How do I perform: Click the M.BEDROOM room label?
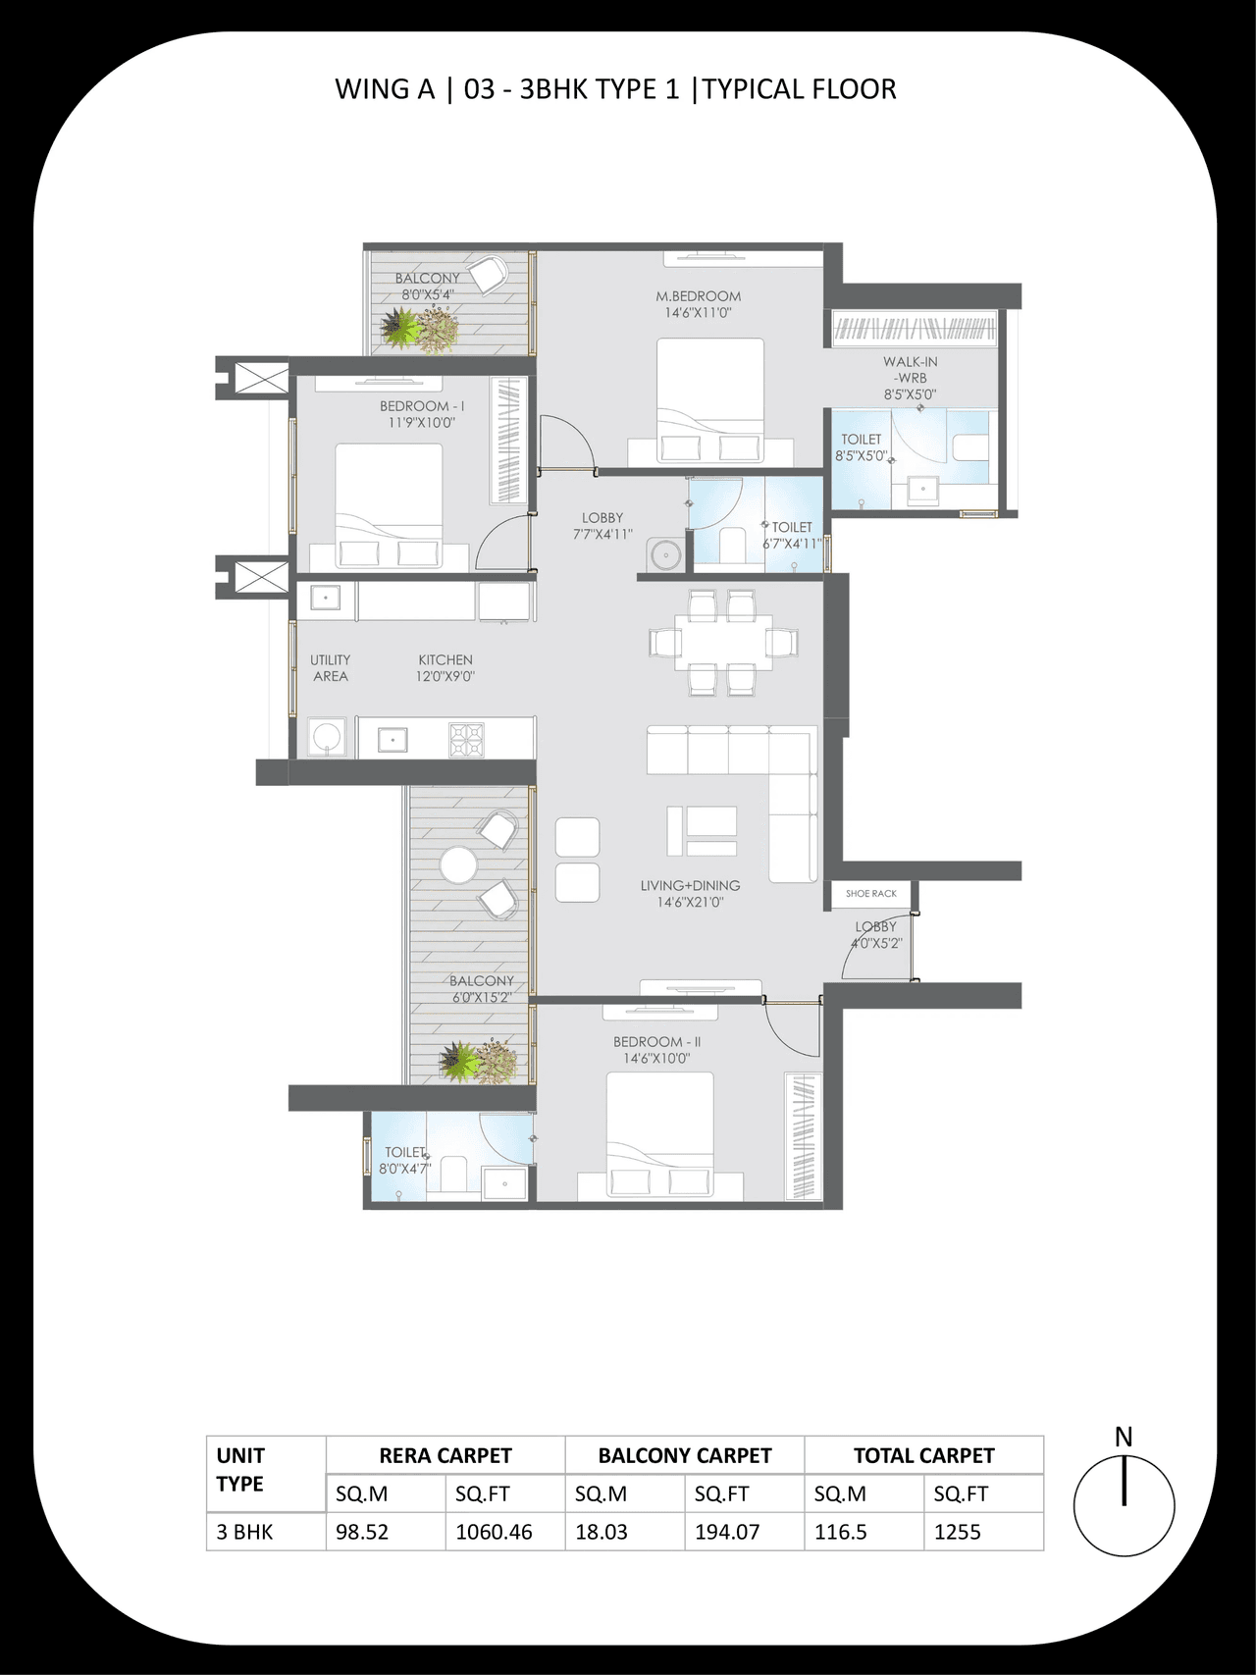(x=698, y=296)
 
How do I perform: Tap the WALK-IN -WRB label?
(x=910, y=370)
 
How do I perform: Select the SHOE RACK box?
(x=871, y=894)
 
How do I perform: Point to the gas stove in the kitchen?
(x=466, y=738)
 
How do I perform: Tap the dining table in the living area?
(x=722, y=643)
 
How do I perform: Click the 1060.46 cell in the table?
(x=494, y=1532)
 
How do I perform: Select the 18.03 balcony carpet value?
(x=601, y=1532)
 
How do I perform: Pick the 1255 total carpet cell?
(x=957, y=1532)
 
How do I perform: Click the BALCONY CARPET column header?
(x=684, y=1456)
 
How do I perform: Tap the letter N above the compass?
(x=1124, y=1437)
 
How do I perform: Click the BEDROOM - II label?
(x=656, y=1042)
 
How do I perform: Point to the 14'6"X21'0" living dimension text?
(x=690, y=902)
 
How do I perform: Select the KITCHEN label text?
(x=445, y=660)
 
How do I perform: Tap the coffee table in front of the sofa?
(x=702, y=830)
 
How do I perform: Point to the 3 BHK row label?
(x=245, y=1532)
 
